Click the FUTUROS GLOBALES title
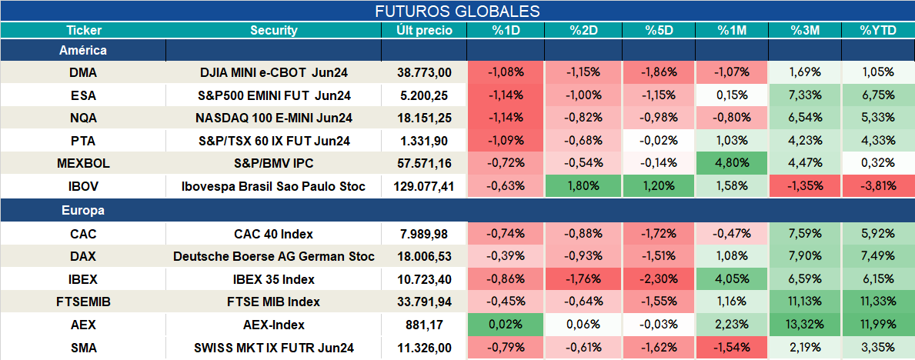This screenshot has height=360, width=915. click(x=457, y=11)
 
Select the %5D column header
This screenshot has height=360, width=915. click(x=659, y=31)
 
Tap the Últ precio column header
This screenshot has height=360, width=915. click(x=424, y=31)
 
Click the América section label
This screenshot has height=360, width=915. click(x=83, y=51)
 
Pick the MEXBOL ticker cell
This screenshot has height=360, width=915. click(x=83, y=164)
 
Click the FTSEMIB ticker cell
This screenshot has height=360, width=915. click(x=83, y=302)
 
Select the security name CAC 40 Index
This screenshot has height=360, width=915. click(x=274, y=234)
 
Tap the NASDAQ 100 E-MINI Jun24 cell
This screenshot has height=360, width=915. click(x=274, y=118)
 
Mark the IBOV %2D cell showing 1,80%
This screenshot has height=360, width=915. click(x=583, y=187)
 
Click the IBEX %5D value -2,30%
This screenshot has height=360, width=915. click(x=659, y=279)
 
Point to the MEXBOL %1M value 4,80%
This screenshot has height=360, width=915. click(x=732, y=164)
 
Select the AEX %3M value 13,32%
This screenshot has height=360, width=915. click(x=805, y=325)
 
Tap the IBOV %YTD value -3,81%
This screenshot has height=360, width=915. click(x=877, y=187)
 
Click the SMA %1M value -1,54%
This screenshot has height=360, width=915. click(x=732, y=348)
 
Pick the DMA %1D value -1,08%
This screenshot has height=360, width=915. click(x=506, y=72)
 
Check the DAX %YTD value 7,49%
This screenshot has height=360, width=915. click(x=877, y=256)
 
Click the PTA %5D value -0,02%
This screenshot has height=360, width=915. click(x=659, y=141)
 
